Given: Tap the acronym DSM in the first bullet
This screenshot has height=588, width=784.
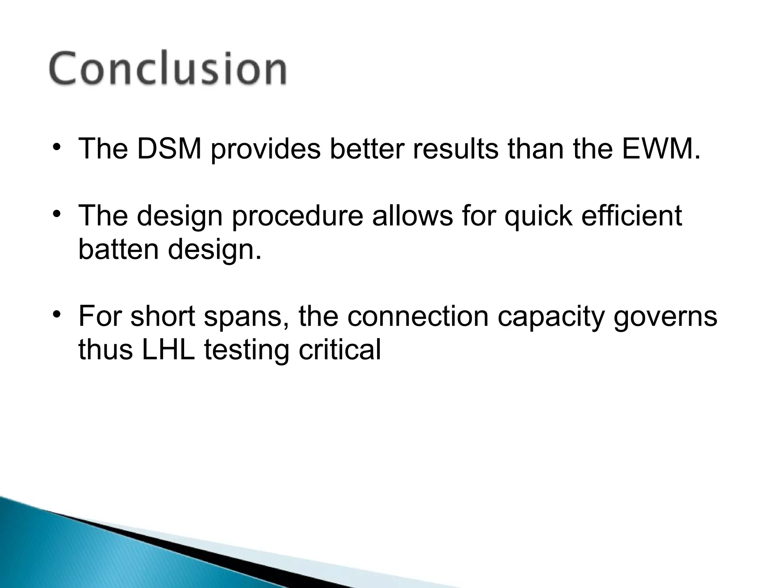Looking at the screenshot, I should point(169,149).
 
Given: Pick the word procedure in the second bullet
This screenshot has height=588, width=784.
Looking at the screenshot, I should point(297,216).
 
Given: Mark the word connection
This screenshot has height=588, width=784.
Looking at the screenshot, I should point(418,317).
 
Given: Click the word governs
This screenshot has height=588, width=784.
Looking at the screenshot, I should point(665,317).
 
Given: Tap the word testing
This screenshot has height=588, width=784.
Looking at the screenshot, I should point(247,350).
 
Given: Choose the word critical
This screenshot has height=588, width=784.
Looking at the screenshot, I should point(340,350).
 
